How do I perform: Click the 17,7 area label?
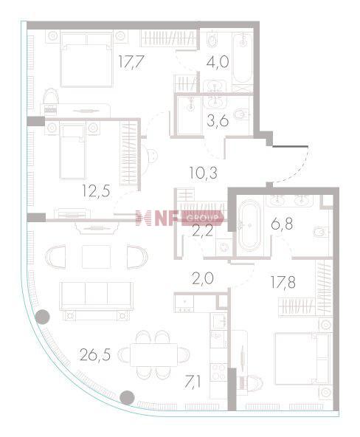[131, 61]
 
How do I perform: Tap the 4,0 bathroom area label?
[218, 61]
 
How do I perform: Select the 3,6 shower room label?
[218, 120]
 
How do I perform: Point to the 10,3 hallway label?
[204, 173]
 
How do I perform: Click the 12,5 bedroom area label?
[96, 191]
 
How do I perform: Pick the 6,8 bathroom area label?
[282, 224]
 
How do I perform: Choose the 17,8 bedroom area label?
[283, 282]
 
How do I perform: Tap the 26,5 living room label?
[95, 355]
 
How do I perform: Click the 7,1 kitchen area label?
[192, 382]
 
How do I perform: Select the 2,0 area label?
[203, 278]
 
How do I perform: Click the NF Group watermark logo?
[179, 218]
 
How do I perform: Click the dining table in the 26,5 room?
[153, 354]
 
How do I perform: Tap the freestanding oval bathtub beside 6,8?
[250, 225]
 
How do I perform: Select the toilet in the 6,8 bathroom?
[322, 232]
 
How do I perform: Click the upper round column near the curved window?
[43, 317]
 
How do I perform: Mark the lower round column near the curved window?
[127, 397]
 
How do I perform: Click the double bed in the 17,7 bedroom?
[86, 60]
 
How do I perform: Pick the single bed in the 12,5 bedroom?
[72, 151]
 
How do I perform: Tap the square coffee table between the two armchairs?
[97, 257]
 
